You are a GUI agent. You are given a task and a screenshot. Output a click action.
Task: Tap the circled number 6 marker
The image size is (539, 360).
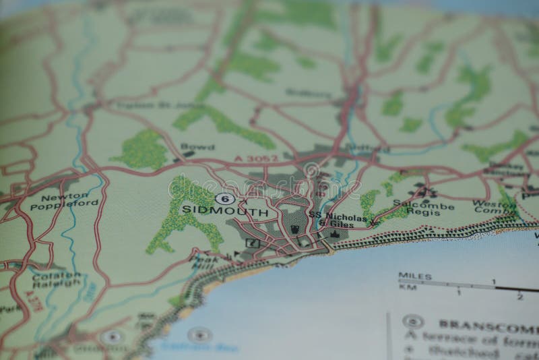[x=224, y=198]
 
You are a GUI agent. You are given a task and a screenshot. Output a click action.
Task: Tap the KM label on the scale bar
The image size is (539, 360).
[x=406, y=286]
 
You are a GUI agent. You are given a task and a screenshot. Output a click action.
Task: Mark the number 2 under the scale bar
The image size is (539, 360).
[x=519, y=296]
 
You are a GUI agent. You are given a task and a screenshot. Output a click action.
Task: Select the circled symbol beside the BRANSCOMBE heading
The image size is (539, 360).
[x=412, y=322]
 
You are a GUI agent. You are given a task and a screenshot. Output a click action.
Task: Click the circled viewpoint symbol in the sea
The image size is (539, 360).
[x=199, y=334]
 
